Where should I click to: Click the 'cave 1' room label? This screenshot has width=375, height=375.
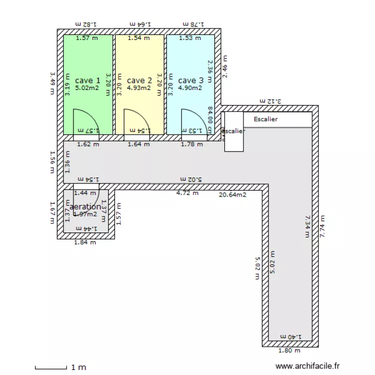click(x=87, y=80)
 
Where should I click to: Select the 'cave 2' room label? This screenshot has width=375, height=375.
click(x=139, y=80)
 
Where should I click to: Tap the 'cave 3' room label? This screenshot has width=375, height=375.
click(x=191, y=80)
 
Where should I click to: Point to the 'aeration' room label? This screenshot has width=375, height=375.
click(x=85, y=206)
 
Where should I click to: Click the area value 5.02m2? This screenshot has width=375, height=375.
click(x=87, y=88)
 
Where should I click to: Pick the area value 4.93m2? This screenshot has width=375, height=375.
click(x=139, y=88)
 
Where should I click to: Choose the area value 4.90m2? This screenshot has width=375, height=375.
click(x=190, y=88)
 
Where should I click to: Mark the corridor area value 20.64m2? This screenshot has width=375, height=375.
click(x=232, y=195)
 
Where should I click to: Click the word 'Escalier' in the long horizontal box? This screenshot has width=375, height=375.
click(x=265, y=119)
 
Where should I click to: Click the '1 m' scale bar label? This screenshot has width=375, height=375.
click(x=78, y=367)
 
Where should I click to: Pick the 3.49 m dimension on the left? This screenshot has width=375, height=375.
click(x=52, y=84)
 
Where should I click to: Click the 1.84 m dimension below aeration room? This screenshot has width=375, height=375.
click(x=85, y=242)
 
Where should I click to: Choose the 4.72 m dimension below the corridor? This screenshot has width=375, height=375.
click(x=187, y=192)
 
